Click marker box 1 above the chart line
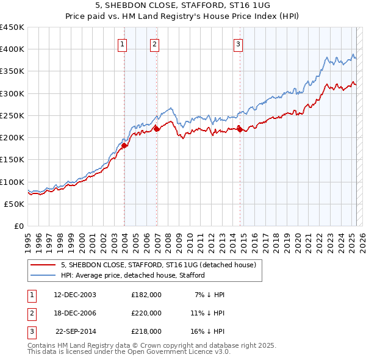point(123,44)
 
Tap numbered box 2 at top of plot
point(155,44)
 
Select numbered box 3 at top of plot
point(238,44)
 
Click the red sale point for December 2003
point(124,145)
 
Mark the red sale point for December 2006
point(157,128)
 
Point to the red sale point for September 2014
point(240,129)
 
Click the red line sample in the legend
point(43,265)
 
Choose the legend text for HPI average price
point(133,275)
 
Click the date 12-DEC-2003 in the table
point(75,295)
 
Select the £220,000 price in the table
point(146,313)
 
